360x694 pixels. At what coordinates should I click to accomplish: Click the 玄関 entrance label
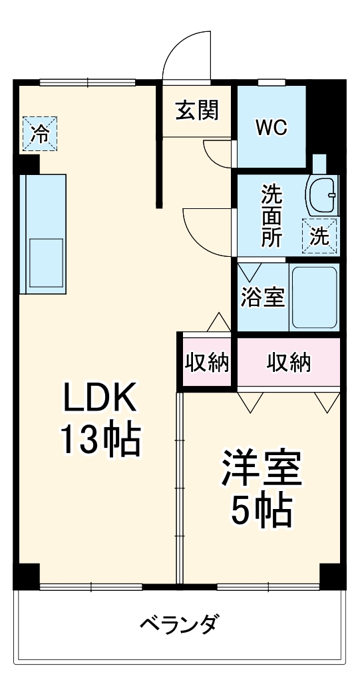[x=196, y=110]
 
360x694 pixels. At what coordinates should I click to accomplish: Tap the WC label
[x=272, y=127]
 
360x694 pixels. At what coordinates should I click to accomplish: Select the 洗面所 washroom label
[x=271, y=216]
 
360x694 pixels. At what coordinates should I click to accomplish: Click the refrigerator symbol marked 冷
[x=40, y=133]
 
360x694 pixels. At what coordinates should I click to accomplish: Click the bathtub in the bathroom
[x=314, y=297]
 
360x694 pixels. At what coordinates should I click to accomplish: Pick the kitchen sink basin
[x=45, y=261]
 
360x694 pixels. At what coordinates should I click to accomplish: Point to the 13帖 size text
[x=100, y=438]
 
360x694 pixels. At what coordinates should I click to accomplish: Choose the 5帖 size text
[x=262, y=510]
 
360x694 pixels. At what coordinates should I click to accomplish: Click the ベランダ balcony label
[x=178, y=625]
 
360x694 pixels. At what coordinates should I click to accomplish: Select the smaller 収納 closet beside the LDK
[x=207, y=363]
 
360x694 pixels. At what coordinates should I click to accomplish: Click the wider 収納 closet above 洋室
[x=289, y=363]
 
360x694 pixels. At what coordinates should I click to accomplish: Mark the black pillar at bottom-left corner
[x=27, y=576]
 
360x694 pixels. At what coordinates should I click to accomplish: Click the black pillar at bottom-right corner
[x=333, y=576]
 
